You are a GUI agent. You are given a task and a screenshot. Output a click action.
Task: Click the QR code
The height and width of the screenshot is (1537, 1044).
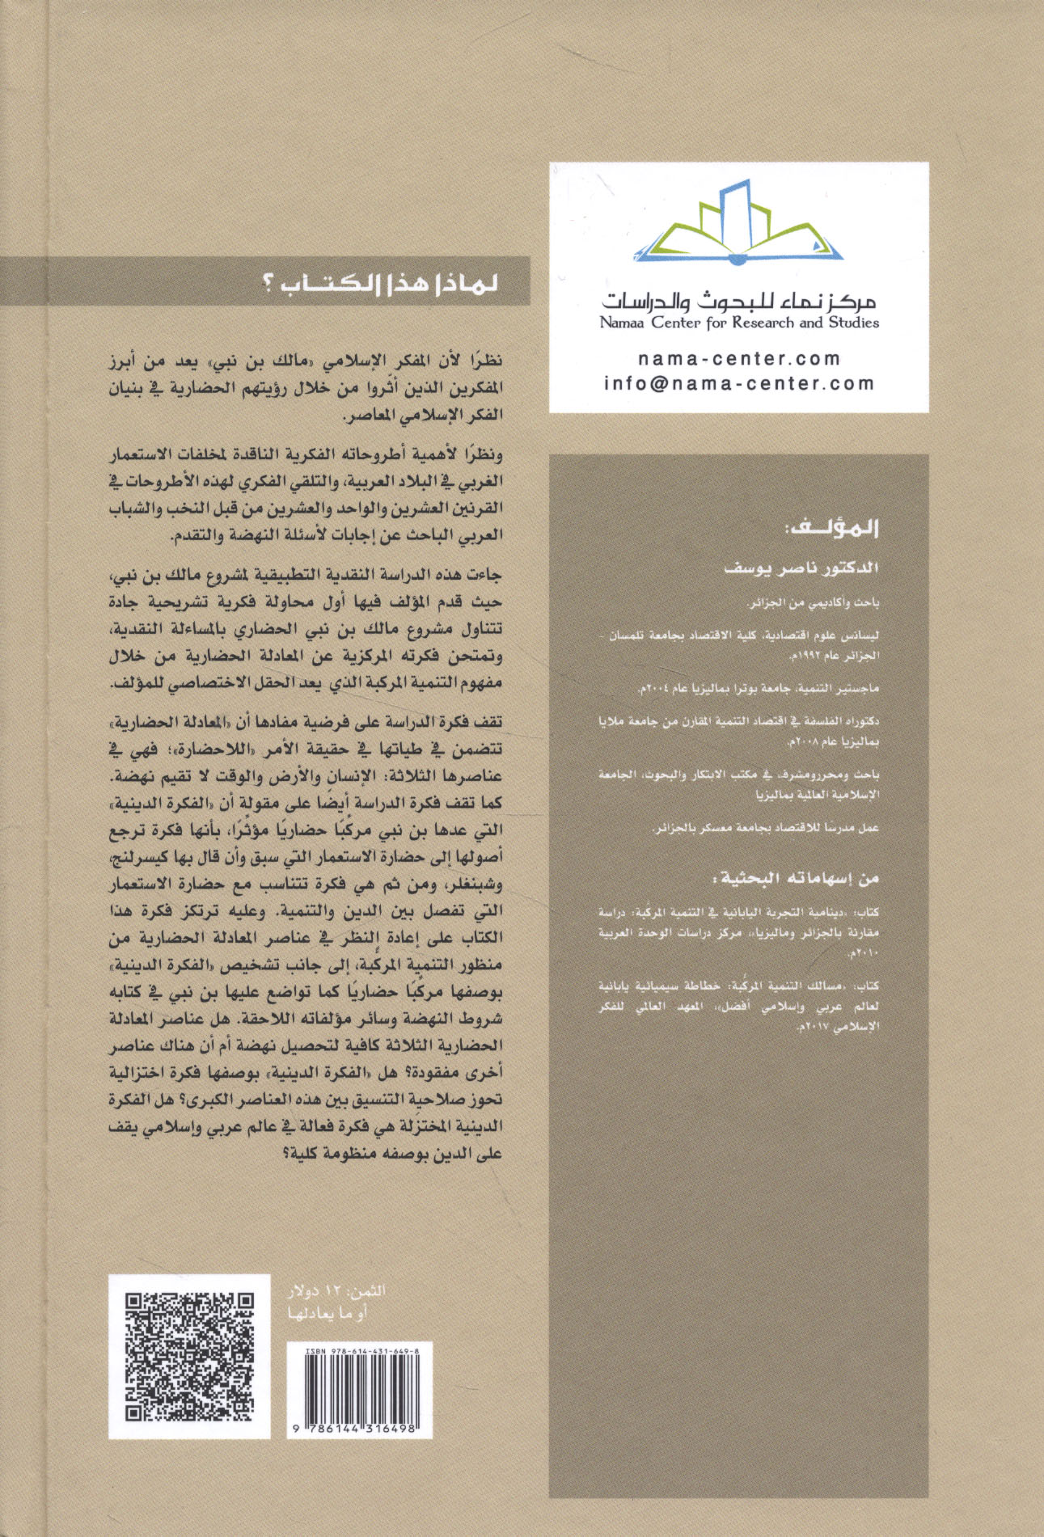190,1357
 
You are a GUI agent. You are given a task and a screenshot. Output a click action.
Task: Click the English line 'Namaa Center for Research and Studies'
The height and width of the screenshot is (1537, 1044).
739,323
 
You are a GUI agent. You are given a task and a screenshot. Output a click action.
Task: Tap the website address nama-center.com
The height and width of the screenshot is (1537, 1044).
739,358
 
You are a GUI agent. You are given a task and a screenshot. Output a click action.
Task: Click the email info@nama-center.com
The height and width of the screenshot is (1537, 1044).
739,383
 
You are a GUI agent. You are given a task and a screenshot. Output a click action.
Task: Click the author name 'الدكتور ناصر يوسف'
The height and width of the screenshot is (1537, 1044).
801,568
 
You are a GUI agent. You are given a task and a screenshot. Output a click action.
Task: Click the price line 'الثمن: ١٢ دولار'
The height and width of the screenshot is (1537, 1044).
331,1290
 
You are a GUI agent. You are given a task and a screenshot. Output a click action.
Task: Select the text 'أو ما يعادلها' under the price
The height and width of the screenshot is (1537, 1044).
328,1314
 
